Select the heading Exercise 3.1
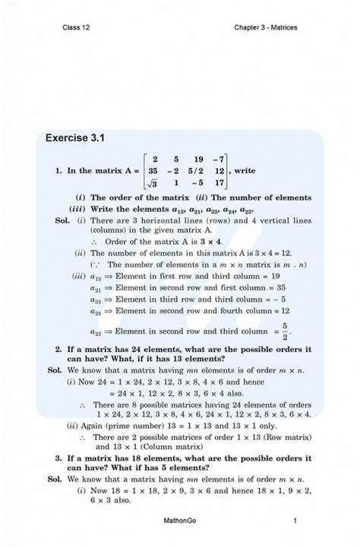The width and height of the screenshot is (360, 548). tap(74, 138)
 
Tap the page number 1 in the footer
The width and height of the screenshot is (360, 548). tap(294, 521)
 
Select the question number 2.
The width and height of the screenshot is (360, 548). tap(58, 348)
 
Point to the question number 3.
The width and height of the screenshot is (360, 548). tap(58, 459)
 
